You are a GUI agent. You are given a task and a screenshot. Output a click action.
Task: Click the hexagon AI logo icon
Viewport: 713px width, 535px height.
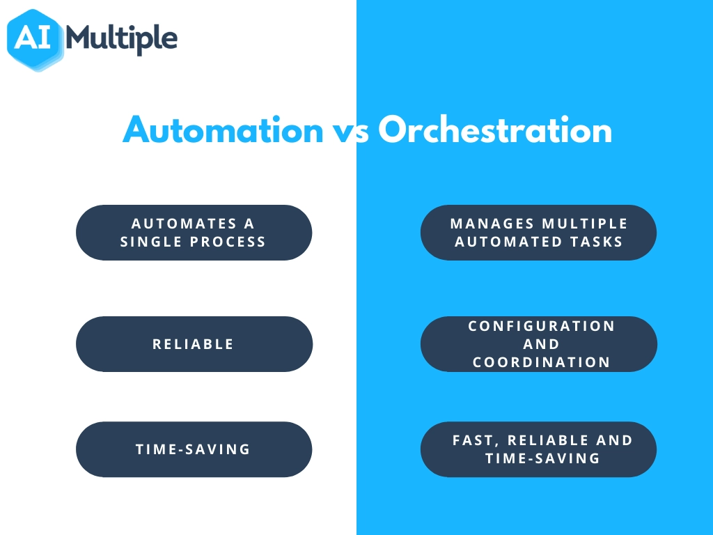[x=35, y=40]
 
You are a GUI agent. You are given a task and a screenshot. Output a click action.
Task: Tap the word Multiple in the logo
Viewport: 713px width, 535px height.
[x=121, y=39]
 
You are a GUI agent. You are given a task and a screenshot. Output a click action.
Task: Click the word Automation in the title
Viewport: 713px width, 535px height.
[x=224, y=130]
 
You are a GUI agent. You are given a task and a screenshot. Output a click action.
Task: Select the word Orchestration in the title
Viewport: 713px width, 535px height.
[x=495, y=130]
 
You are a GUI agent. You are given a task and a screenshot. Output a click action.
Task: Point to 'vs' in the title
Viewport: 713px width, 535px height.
[x=351, y=133]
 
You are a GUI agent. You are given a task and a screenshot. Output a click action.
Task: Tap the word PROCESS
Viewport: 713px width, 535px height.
[x=228, y=242]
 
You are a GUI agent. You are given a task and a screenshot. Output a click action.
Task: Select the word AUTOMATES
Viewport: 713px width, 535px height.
[x=184, y=224]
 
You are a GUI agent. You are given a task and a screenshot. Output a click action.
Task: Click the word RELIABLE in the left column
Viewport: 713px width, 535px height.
[x=194, y=344]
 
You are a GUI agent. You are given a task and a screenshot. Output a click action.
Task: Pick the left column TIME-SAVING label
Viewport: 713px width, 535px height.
[x=194, y=449]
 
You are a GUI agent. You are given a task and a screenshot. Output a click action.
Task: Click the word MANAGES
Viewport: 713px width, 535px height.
[x=492, y=224]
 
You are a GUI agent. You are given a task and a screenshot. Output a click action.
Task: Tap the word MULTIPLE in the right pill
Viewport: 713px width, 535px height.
[x=585, y=224]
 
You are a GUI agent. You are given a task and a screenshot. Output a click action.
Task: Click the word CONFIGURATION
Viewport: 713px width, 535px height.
[x=542, y=326]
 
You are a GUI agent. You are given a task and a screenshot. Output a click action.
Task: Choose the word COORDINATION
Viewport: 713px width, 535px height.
[x=542, y=362]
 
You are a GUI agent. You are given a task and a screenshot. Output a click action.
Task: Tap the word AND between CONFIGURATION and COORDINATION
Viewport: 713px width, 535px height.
[x=541, y=344]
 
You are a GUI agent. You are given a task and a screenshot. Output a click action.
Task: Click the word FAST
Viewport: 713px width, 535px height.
[x=476, y=440]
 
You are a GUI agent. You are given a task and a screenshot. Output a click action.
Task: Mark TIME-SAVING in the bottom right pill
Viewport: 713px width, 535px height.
[x=543, y=458]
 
